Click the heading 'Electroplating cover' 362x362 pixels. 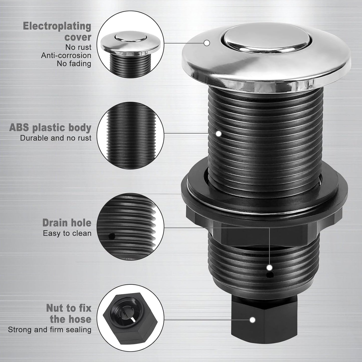click(x=57, y=32)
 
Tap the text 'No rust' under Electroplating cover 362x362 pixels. click(x=78, y=47)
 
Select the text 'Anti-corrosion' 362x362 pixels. click(x=66, y=55)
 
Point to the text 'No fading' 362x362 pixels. click(x=74, y=64)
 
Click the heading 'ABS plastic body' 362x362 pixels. click(x=50, y=128)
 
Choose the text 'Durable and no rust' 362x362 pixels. click(x=56, y=138)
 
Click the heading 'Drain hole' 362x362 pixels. click(x=67, y=223)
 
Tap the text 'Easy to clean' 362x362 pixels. click(x=67, y=233)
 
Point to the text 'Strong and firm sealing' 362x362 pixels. click(x=50, y=329)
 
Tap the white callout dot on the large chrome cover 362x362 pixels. click(x=207, y=43)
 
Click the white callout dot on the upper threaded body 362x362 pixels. click(x=219, y=134)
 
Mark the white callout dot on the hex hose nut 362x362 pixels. click(x=253, y=320)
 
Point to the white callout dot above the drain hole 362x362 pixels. click(x=270, y=268)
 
